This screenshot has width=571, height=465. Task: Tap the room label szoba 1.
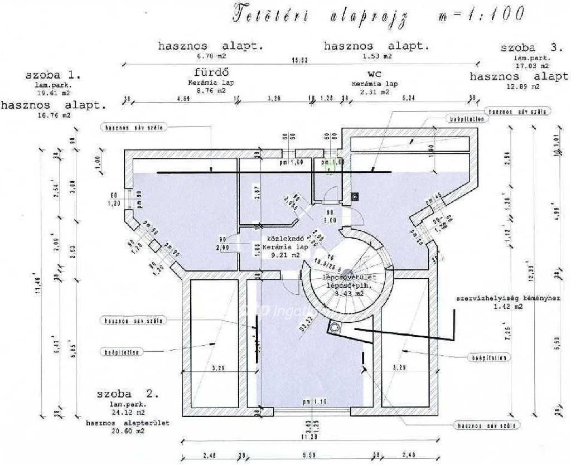pyautogui.click(x=54, y=75)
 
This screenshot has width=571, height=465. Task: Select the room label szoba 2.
pyautogui.click(x=128, y=394)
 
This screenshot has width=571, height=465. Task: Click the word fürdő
pyautogui.click(x=211, y=72)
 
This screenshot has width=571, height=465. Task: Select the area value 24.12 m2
pyautogui.click(x=128, y=413)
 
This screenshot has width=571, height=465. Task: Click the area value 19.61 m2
pyautogui.click(x=54, y=94)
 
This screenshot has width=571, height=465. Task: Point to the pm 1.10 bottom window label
pyautogui.click(x=314, y=402)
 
